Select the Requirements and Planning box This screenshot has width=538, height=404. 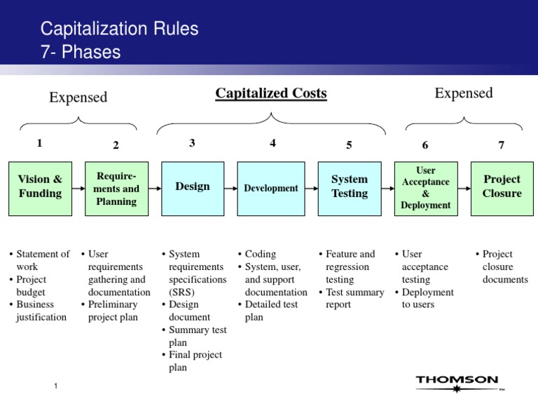pos(116,188)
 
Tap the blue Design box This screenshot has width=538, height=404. pos(193,187)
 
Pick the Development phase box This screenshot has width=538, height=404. pos(271,188)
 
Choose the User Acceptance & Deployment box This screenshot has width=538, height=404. pos(425,188)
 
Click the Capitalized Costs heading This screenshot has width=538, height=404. pos(271,93)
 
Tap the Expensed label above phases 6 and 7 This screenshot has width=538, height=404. pos(463,93)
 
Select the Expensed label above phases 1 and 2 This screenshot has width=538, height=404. pos(78,97)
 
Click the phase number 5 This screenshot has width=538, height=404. pos(349,145)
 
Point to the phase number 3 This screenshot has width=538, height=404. pos(192,143)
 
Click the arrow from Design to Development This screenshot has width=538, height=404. pos(231,188)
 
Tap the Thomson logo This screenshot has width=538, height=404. pos(457,382)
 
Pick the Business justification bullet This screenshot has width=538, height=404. pos(41,311)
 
